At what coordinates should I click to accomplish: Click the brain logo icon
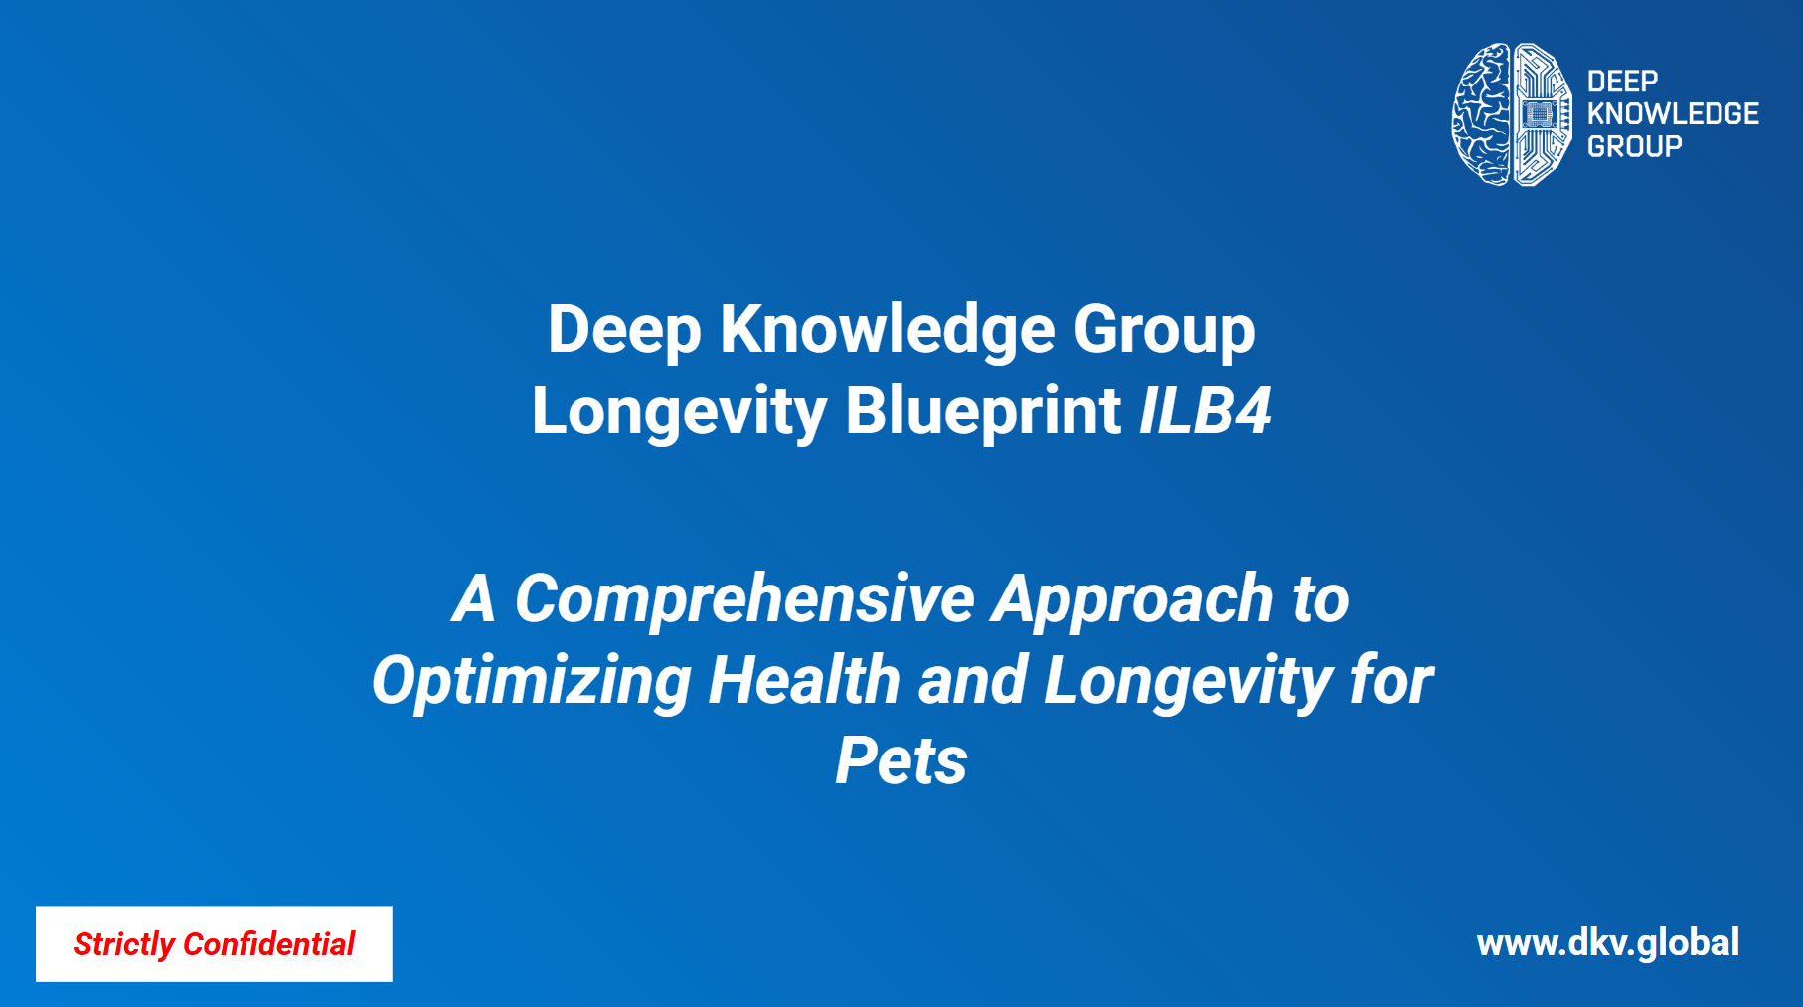(1512, 114)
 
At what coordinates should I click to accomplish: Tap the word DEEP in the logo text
(1622, 82)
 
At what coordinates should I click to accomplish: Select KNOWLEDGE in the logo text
(1673, 114)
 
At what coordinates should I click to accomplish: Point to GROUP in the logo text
(1634, 146)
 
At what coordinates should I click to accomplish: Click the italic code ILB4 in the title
(1205, 410)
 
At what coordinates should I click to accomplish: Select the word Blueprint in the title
(983, 412)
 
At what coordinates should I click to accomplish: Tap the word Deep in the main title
(624, 330)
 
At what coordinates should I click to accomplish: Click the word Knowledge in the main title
(887, 330)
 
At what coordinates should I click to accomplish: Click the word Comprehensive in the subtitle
(744, 599)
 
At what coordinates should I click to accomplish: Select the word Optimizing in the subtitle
(531, 682)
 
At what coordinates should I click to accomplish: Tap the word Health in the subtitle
(804, 680)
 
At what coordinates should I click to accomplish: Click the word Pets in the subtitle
(901, 761)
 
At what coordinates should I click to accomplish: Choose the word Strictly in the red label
(123, 944)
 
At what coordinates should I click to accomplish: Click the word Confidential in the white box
(268, 943)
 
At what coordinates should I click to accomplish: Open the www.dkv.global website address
(1607, 943)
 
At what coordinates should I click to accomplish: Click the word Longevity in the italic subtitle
(1188, 682)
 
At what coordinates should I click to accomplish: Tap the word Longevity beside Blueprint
(679, 412)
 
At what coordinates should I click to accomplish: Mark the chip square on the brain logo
(1538, 114)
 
